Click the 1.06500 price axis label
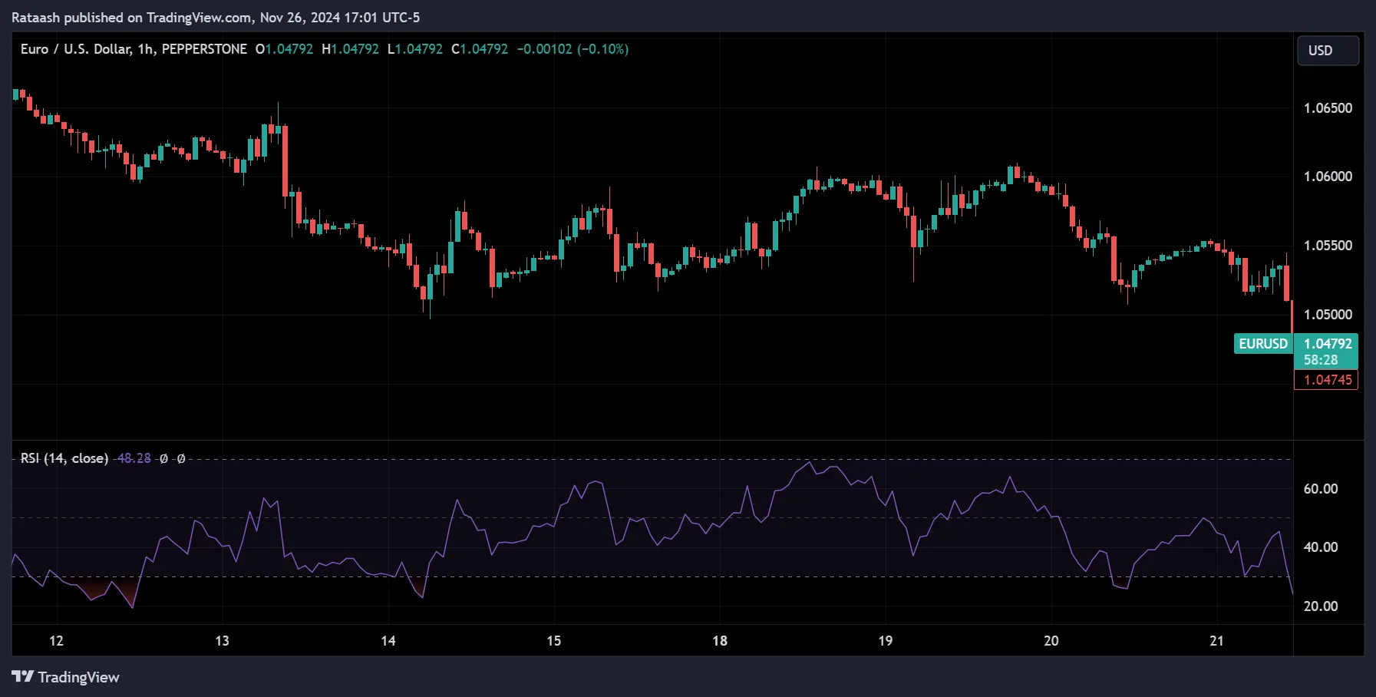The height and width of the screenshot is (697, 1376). (x=1328, y=108)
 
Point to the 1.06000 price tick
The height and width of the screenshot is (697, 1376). (x=1328, y=177)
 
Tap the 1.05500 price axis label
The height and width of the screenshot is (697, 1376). (x=1328, y=246)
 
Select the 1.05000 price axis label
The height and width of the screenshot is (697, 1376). (x=1328, y=315)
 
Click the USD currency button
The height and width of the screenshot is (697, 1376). (x=1328, y=51)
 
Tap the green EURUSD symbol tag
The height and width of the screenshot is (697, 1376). (x=1263, y=344)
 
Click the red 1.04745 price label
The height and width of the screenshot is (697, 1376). (x=1327, y=380)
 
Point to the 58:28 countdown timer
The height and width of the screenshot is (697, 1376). (x=1320, y=360)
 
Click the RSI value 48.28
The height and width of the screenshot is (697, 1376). (x=134, y=458)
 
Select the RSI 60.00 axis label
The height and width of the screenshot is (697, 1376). (x=1320, y=489)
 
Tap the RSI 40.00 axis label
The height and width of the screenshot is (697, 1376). (x=1320, y=547)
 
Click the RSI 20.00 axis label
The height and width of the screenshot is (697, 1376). (x=1320, y=606)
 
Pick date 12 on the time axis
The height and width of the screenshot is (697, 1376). (x=56, y=641)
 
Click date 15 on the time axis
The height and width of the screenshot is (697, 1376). (x=553, y=641)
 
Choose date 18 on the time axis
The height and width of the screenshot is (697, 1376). (x=719, y=641)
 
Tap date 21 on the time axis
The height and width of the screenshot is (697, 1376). (x=1216, y=641)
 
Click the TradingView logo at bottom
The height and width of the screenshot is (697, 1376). (x=66, y=677)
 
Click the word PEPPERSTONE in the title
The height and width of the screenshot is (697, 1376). (x=204, y=49)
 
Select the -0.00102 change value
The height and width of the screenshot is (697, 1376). (x=544, y=49)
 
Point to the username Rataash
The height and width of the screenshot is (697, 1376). (x=35, y=18)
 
